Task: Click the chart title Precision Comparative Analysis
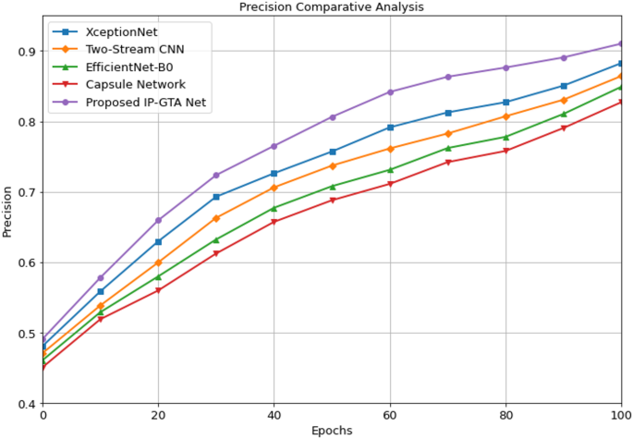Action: click(x=332, y=7)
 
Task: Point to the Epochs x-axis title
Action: click(x=332, y=430)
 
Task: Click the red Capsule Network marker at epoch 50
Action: click(x=332, y=200)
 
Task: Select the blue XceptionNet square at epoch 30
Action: click(x=216, y=197)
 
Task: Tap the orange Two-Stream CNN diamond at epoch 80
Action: click(x=505, y=116)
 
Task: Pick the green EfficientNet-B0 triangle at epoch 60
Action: click(x=390, y=169)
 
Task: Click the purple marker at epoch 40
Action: click(x=274, y=146)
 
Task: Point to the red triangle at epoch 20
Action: click(x=158, y=290)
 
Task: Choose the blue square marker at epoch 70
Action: click(x=448, y=113)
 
